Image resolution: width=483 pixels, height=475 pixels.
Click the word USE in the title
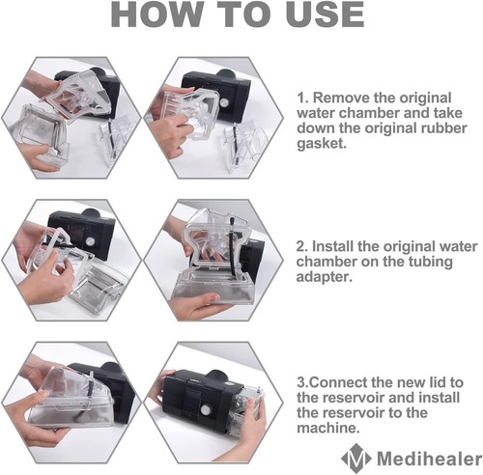pos(326,14)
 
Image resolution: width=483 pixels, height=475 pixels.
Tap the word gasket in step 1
pos(321,144)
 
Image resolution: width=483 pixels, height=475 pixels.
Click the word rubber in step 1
pos(443,128)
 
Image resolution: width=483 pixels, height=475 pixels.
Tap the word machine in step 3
pos(327,429)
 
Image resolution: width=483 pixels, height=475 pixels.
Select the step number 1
pos(302,98)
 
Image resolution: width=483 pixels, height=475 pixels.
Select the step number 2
pos(302,247)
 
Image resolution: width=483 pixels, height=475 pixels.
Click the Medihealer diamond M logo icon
pos(355,456)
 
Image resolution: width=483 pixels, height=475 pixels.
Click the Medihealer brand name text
pos(429,459)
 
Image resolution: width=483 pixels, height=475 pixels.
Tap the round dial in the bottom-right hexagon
pos(205,410)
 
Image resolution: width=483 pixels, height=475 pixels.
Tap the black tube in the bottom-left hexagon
pos(93,383)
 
